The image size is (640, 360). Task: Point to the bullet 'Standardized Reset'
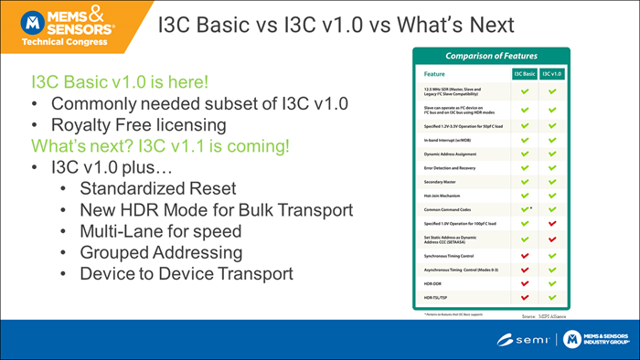click(157, 189)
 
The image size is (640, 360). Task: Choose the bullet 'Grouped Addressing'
click(161, 251)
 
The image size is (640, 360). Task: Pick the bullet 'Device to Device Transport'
click(187, 272)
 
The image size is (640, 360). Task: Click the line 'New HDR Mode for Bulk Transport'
click(216, 210)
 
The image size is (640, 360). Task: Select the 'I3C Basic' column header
click(525, 72)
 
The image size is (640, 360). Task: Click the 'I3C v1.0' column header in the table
click(551, 72)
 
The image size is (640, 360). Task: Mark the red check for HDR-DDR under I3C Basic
click(525, 282)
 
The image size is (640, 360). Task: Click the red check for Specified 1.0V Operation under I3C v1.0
click(551, 223)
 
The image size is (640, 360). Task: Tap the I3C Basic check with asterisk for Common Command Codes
click(525, 208)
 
